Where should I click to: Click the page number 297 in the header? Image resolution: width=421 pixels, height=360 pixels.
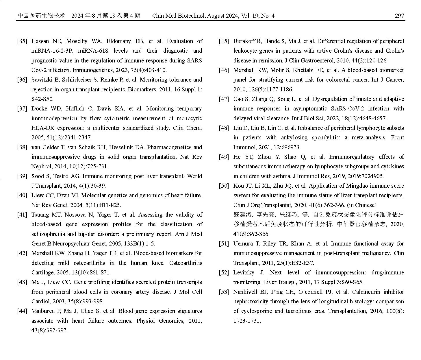tap(399, 16)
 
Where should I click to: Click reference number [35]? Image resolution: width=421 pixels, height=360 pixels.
tap(22, 41)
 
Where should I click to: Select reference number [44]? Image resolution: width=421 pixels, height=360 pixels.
tap(22, 311)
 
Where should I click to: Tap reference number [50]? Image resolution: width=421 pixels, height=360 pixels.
tap(224, 186)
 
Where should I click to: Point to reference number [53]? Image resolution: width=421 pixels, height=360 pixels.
tap(224, 292)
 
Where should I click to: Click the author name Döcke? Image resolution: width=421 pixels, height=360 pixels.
tap(40, 108)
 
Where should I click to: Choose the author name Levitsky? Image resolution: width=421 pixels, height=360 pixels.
tap(244, 272)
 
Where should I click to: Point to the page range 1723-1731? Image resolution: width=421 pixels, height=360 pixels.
tap(247, 321)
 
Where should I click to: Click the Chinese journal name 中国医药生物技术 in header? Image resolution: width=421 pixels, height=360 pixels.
tap(41, 16)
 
